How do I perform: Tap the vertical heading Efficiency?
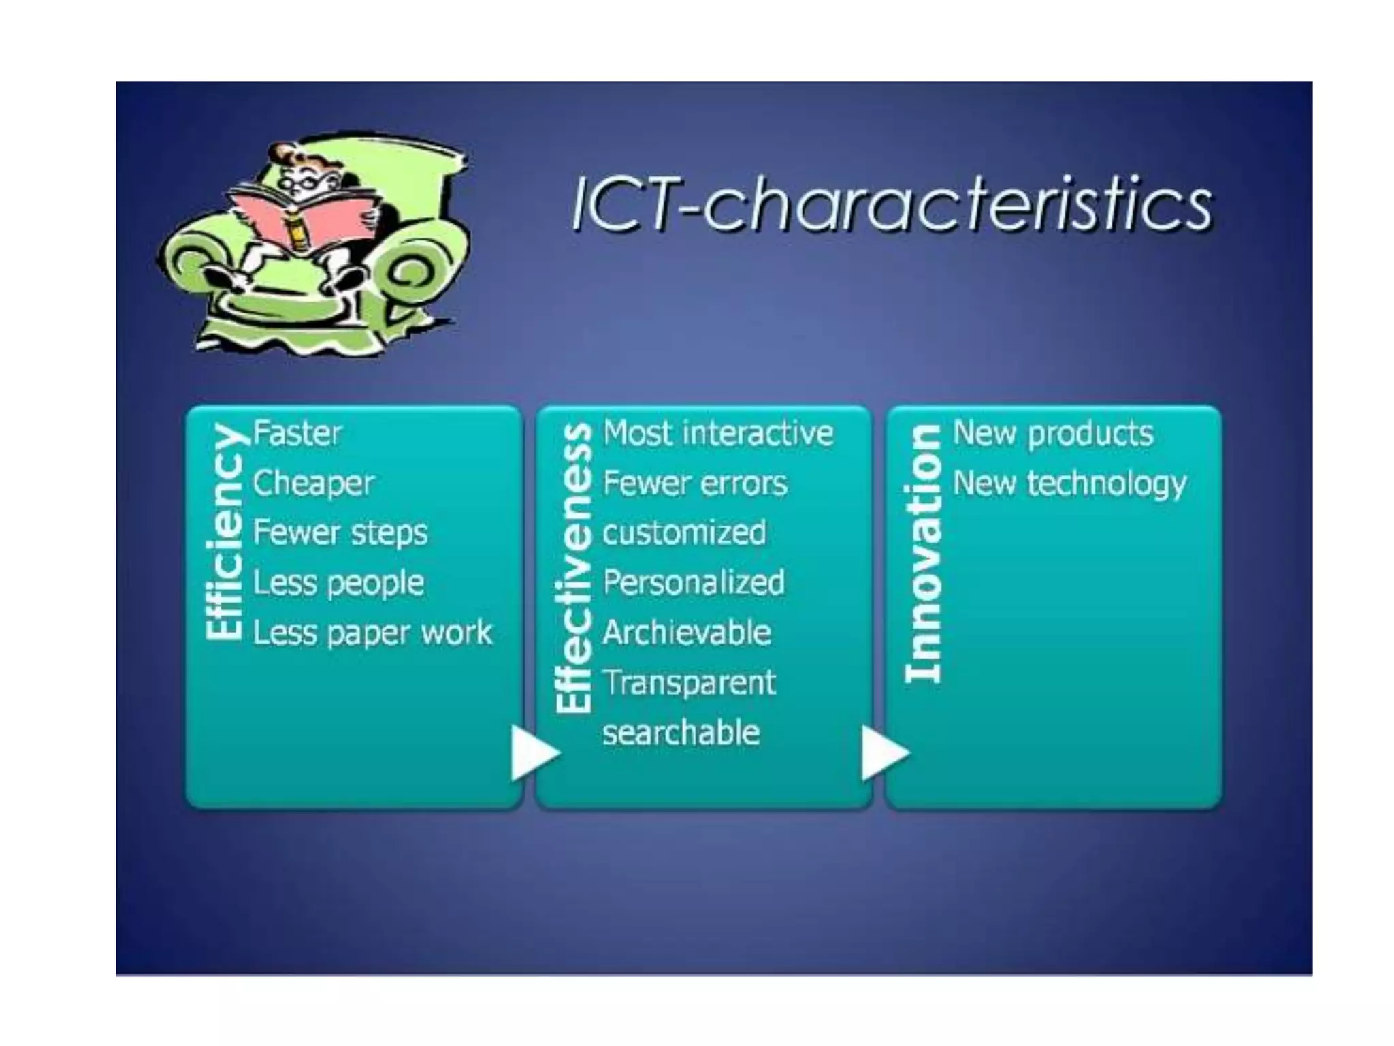pyautogui.click(x=225, y=531)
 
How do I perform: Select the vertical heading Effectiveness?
pyautogui.click(x=574, y=567)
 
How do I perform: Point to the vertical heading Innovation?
pyautogui.click(x=923, y=553)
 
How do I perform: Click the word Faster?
pyautogui.click(x=297, y=434)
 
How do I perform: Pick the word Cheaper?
pyautogui.click(x=313, y=484)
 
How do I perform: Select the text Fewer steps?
pyautogui.click(x=340, y=533)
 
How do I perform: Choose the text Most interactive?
pyautogui.click(x=718, y=434)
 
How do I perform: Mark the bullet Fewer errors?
pyautogui.click(x=695, y=484)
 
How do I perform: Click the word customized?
pyautogui.click(x=684, y=533)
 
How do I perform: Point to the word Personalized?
pyautogui.click(x=694, y=583)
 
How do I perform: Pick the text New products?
pyautogui.click(x=1053, y=434)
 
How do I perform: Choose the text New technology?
pyautogui.click(x=1069, y=484)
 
